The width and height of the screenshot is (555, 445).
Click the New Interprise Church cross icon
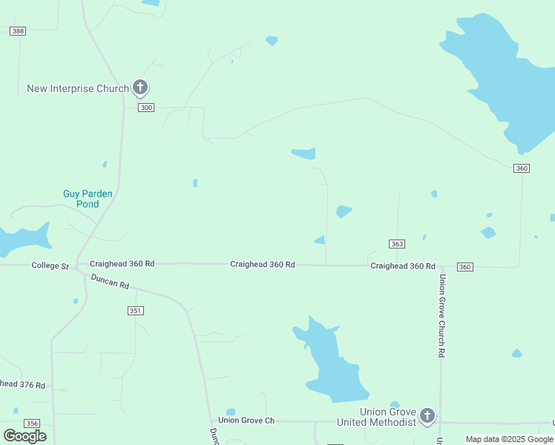139,88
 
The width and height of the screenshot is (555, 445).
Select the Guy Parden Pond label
88,199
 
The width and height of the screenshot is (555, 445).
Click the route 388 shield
18,30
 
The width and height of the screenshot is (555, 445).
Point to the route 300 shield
146,108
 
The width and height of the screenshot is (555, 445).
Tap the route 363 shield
397,243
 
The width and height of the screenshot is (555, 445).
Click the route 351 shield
135,311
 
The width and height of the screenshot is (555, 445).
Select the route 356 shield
31,423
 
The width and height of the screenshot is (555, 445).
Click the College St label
50,266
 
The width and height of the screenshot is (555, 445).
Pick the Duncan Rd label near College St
110,282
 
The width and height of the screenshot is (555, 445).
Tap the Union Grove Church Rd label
441,316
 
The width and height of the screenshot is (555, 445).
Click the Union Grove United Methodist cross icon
427,415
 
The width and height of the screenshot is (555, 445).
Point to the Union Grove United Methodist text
377,417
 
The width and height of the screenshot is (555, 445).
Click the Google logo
24,435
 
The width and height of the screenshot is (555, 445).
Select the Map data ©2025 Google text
510,439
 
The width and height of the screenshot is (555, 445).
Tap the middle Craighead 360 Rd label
263,264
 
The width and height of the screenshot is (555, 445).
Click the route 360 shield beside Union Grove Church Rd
464,267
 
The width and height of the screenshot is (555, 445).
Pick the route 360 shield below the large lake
522,168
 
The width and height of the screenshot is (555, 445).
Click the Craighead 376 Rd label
22,385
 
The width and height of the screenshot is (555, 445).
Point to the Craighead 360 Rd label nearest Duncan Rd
122,263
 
